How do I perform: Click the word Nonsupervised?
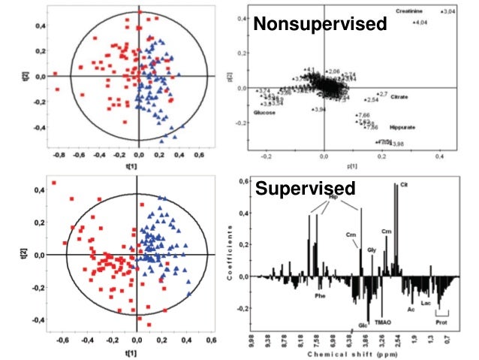point(320,24)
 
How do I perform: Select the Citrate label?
point(400,98)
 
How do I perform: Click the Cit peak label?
point(404,183)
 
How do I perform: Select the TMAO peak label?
point(384,321)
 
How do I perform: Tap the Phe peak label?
point(319,295)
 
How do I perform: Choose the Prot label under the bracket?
point(440,325)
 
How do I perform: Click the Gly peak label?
point(372,250)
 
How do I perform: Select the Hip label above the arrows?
point(345,197)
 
